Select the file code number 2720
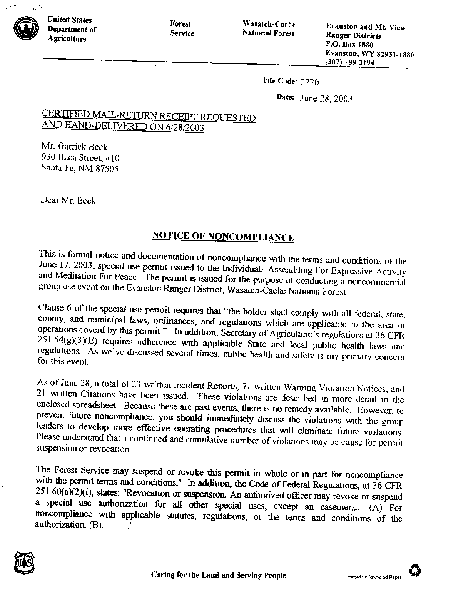point(310,82)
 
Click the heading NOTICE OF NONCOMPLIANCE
point(224,236)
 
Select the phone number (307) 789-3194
point(350,62)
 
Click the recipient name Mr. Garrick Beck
point(74,147)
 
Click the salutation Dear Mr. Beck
point(69,200)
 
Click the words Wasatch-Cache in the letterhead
point(269,25)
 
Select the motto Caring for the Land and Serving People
point(218,576)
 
